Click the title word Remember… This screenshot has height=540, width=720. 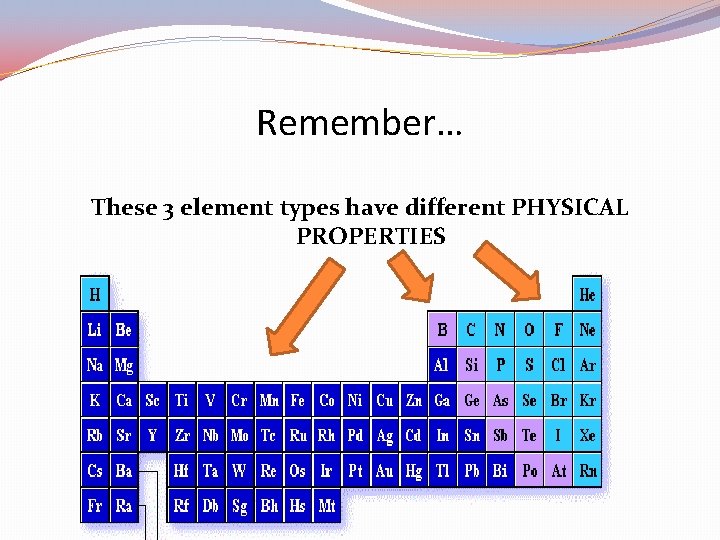pyautogui.click(x=359, y=124)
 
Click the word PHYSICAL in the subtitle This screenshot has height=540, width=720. pyautogui.click(x=570, y=208)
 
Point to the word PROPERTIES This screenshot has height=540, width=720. pyautogui.click(x=371, y=237)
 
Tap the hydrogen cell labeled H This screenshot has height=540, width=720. pyautogui.click(x=95, y=294)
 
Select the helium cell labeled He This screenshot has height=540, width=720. pyautogui.click(x=588, y=294)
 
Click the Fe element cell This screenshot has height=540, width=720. pyautogui.click(x=298, y=400)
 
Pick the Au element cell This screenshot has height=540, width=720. pyautogui.click(x=385, y=471)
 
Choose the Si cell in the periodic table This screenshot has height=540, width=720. pyautogui.click(x=472, y=365)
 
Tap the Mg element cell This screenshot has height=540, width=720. pyautogui.click(x=124, y=365)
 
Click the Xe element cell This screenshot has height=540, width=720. pyautogui.click(x=588, y=436)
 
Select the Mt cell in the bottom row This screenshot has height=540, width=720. pyautogui.click(x=327, y=506)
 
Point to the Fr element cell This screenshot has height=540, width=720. pyautogui.click(x=95, y=506)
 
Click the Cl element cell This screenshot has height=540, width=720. pyautogui.click(x=559, y=365)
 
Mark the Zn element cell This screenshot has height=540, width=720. pyautogui.click(x=414, y=400)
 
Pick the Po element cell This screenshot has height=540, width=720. pyautogui.click(x=530, y=471)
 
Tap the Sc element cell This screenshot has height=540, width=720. pyautogui.click(x=153, y=400)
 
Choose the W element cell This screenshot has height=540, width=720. pyautogui.click(x=240, y=471)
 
